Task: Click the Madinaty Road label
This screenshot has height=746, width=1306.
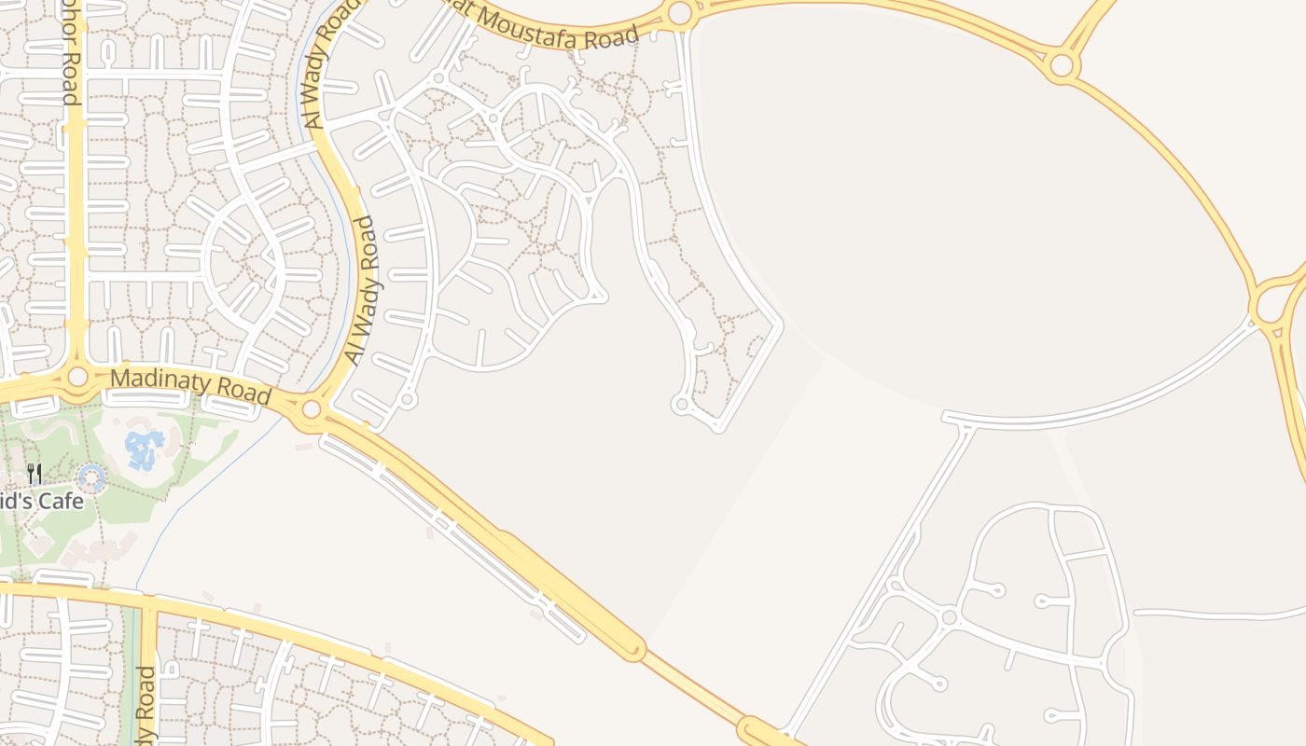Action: pyautogui.click(x=190, y=387)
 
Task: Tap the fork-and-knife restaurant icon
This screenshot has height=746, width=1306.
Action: pyautogui.click(x=35, y=474)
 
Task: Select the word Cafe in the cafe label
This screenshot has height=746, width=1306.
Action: pyautogui.click(x=62, y=502)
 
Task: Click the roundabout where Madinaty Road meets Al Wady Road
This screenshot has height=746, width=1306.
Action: pyautogui.click(x=312, y=409)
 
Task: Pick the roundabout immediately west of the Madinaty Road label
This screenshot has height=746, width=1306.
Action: pyautogui.click(x=77, y=377)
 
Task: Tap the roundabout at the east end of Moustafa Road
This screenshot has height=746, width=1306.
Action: pyautogui.click(x=680, y=13)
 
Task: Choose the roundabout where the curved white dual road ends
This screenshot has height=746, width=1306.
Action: pyautogui.click(x=1270, y=306)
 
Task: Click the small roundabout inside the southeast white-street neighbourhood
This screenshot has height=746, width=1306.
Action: pyautogui.click(x=950, y=616)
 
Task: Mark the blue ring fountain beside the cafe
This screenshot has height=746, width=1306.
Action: pyautogui.click(x=91, y=479)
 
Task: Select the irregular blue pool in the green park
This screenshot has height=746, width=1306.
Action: pyautogui.click(x=144, y=449)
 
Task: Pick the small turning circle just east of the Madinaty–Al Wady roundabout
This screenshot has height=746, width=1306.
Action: pyautogui.click(x=407, y=400)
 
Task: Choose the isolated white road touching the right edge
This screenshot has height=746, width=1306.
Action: pyautogui.click(x=1222, y=613)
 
